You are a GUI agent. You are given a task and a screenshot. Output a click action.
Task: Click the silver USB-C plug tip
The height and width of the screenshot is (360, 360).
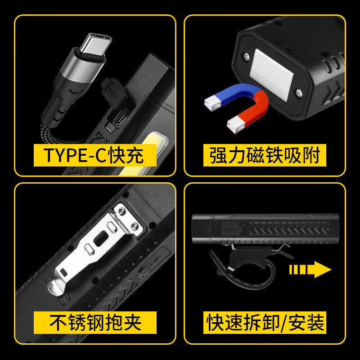pos(96,44)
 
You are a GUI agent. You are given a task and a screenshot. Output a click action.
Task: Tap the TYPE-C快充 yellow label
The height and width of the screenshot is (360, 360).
pos(95,155)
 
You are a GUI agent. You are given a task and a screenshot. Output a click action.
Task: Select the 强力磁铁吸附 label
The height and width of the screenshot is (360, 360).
pos(265,155)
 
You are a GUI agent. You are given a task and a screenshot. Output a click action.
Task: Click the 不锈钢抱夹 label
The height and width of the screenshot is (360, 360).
pos(95,323)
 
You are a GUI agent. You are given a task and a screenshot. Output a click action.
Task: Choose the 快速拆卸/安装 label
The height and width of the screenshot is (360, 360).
pos(265,323)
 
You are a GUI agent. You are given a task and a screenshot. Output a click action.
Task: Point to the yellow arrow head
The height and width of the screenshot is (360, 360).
pos(323,270)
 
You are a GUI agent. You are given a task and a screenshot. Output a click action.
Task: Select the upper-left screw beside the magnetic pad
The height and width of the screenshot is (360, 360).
pos(246,56)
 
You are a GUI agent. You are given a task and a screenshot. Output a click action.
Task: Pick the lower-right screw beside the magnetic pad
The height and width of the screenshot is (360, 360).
pos(299,93)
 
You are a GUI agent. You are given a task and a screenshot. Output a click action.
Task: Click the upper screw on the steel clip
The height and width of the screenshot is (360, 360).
pos(121,211)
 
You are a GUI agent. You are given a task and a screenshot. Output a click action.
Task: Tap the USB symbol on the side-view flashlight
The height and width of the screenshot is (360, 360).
pos(229,229)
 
